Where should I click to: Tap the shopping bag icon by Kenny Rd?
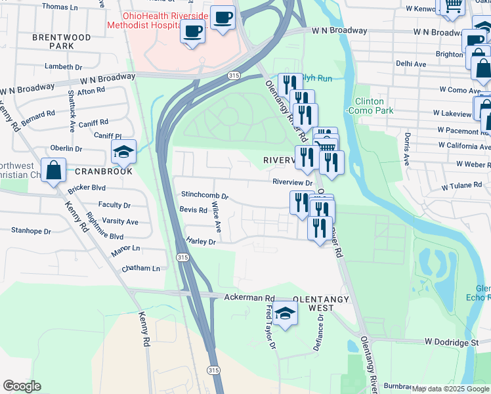pyautogui.click(x=54, y=171)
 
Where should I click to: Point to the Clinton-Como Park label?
pyautogui.click(x=374, y=106)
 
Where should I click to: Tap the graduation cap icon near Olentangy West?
pyautogui.click(x=285, y=313)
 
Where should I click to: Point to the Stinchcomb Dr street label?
pyautogui.click(x=204, y=196)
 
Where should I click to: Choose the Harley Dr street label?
pyautogui.click(x=201, y=242)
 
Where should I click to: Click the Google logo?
pyautogui.click(x=22, y=386)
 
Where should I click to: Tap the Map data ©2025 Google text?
pyautogui.click(x=450, y=389)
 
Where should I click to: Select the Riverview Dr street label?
pyautogui.click(x=292, y=183)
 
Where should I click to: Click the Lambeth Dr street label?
pyautogui.click(x=63, y=67)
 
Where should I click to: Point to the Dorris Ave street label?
pyautogui.click(x=407, y=148)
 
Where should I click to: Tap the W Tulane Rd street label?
pyautogui.click(x=461, y=186)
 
